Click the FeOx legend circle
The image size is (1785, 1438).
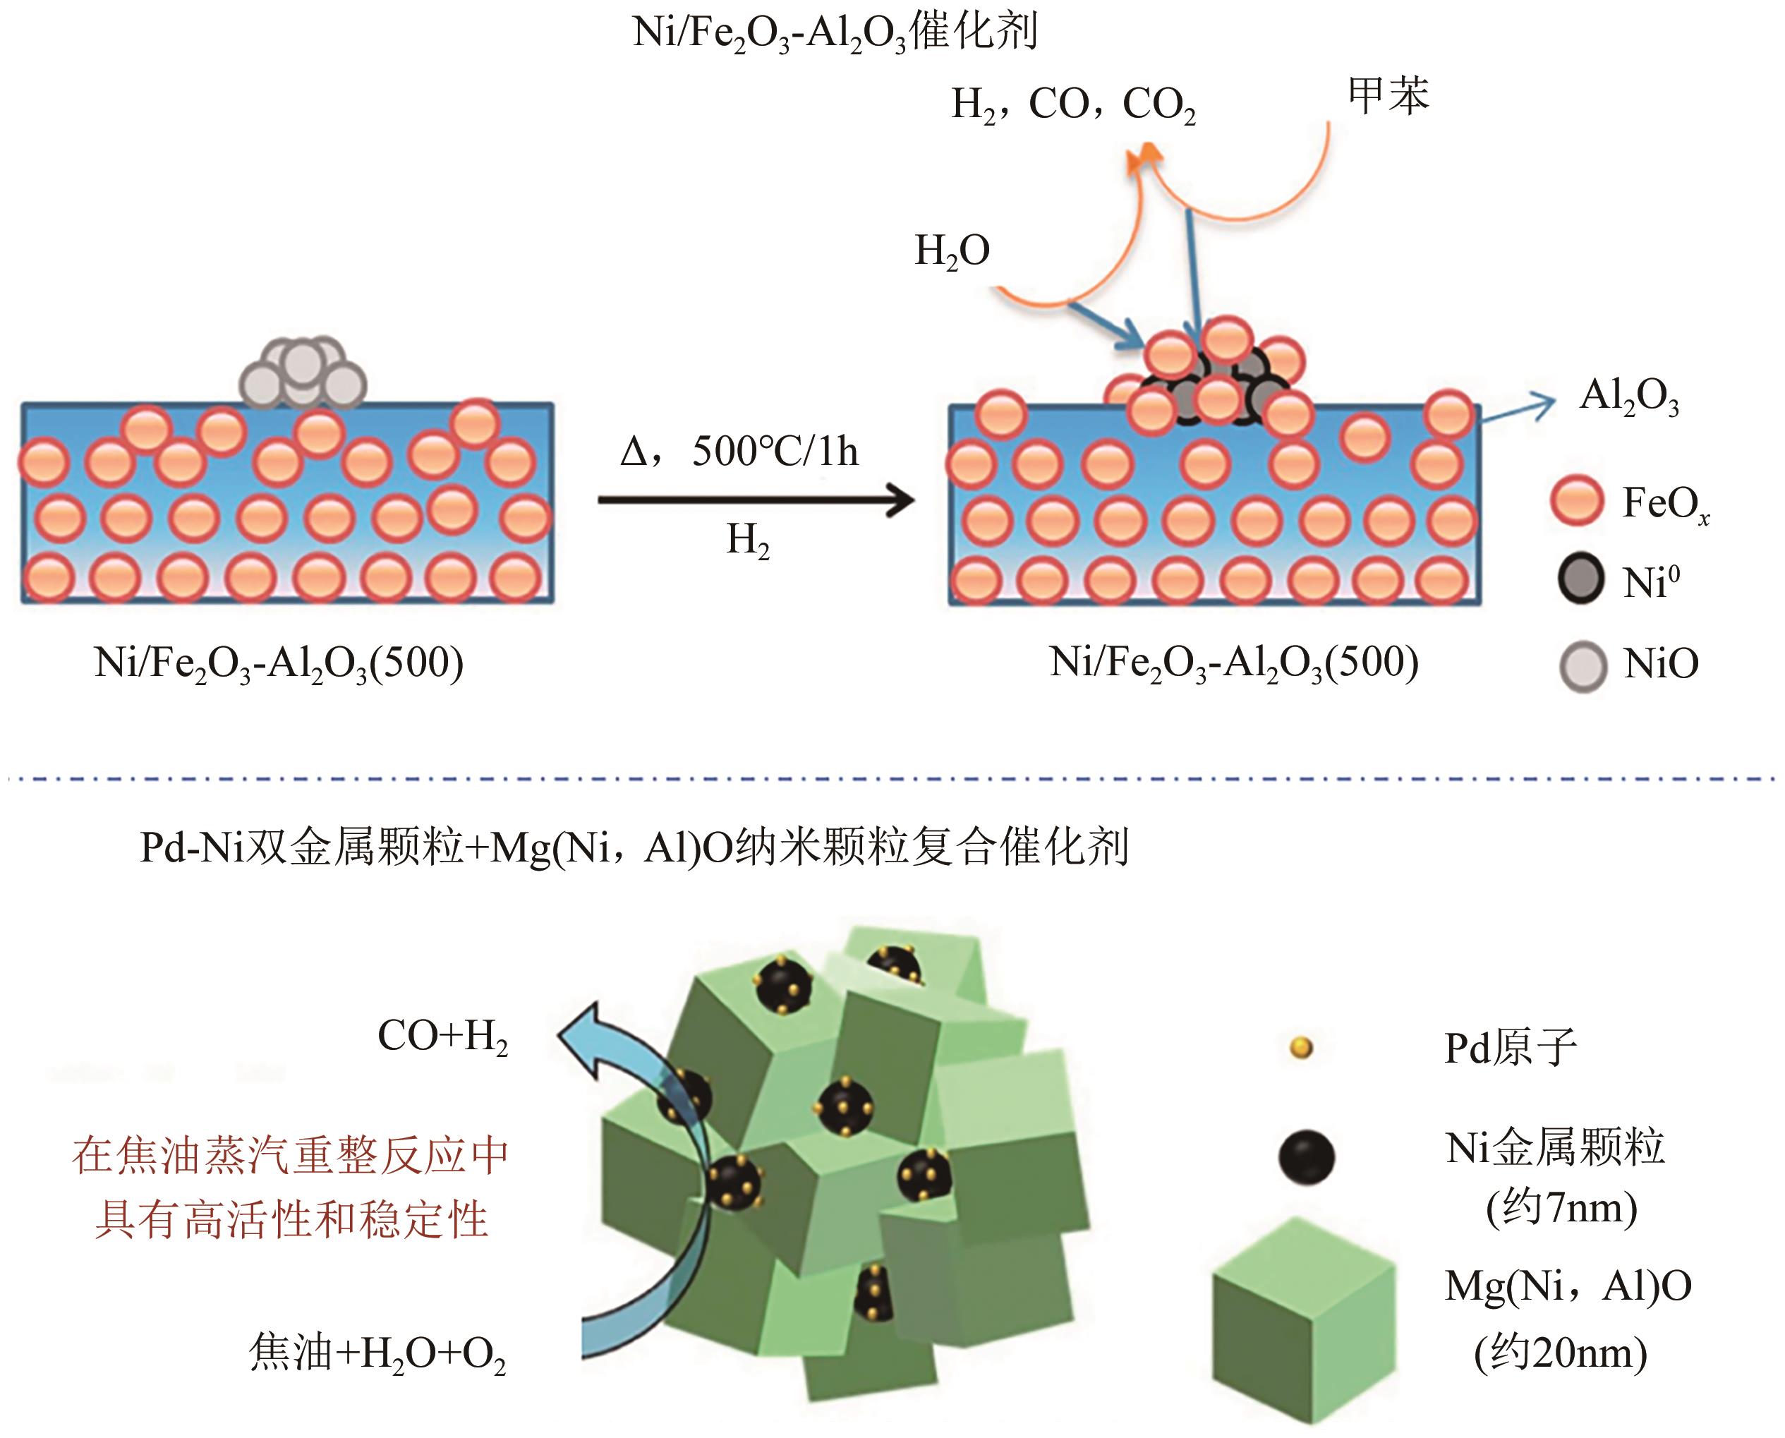[x=1575, y=500]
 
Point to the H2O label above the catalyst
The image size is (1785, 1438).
[x=952, y=251]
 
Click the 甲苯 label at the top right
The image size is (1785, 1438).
[x=1388, y=95]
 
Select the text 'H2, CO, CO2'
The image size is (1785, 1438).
[x=1072, y=106]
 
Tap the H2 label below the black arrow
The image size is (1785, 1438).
[x=748, y=541]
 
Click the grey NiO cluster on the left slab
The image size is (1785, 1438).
[x=303, y=373]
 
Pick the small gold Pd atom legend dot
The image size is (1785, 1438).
[x=1301, y=1048]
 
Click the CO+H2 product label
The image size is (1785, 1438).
[x=442, y=1037]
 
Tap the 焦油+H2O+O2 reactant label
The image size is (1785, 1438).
[x=377, y=1353]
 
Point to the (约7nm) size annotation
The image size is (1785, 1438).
[x=1561, y=1209]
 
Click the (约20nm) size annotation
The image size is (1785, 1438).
[x=1561, y=1353]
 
